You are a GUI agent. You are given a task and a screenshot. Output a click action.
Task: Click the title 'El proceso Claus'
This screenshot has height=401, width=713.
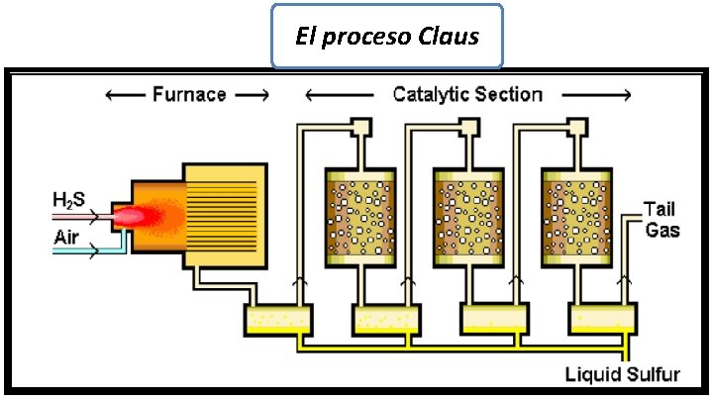[387, 37]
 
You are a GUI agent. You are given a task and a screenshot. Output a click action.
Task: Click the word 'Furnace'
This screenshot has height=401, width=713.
[189, 95]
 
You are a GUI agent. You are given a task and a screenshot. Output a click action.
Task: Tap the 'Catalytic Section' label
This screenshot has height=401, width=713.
[467, 95]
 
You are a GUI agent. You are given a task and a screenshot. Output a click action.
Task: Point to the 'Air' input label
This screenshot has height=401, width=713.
[67, 238]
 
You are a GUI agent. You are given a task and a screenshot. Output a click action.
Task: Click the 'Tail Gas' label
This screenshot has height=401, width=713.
[662, 220]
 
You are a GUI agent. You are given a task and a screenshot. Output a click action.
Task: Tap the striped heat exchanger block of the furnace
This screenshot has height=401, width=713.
[225, 216]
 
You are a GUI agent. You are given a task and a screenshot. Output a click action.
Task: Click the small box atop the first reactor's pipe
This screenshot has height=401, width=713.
[360, 128]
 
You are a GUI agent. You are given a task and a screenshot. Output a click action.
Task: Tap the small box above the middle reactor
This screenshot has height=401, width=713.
[470, 128]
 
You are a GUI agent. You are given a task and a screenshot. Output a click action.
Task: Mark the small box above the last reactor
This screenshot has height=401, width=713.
[578, 128]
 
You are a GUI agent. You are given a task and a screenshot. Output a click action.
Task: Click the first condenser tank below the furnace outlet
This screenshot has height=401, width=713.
[277, 319]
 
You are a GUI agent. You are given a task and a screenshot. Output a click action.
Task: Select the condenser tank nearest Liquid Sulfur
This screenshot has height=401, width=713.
[600, 319]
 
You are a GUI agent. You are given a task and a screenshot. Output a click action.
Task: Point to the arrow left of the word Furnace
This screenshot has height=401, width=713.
[124, 95]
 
